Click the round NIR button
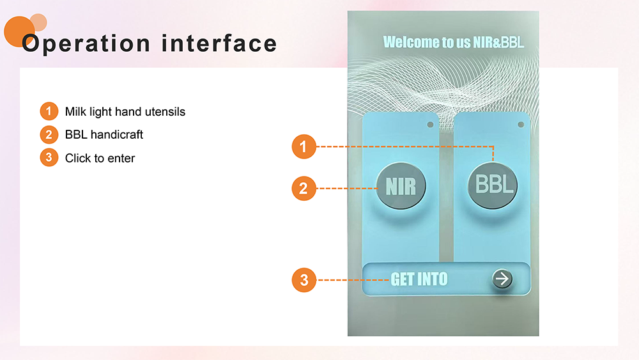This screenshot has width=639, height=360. (x=401, y=186)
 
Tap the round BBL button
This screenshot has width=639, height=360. (x=493, y=185)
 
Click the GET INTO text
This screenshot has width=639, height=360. (x=419, y=279)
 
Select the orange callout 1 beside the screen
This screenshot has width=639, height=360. (x=304, y=146)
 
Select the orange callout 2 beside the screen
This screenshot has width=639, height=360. (x=304, y=189)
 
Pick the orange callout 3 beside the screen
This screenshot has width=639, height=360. (x=304, y=280)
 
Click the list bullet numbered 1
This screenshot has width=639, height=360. (x=49, y=111)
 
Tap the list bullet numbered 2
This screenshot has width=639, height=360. (x=49, y=134)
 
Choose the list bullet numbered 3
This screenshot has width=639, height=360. (x=49, y=158)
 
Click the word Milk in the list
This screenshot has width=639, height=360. (x=75, y=112)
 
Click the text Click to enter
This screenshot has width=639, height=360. (x=100, y=158)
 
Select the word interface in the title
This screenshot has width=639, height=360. (x=219, y=43)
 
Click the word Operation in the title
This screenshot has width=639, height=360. (x=86, y=44)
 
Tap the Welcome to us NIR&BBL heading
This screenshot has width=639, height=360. (x=453, y=42)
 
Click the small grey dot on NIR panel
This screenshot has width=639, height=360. (x=430, y=125)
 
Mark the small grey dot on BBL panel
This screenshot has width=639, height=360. (x=521, y=125)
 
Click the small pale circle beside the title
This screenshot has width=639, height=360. (x=38, y=22)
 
